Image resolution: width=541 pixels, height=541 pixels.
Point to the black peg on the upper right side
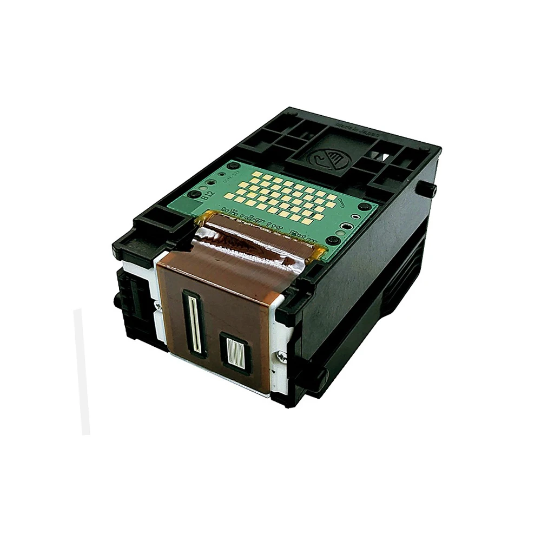(x=427, y=189)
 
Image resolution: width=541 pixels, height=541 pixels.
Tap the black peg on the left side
(x=117, y=301)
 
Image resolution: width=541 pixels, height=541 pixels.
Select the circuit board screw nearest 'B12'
(x=193, y=194)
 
